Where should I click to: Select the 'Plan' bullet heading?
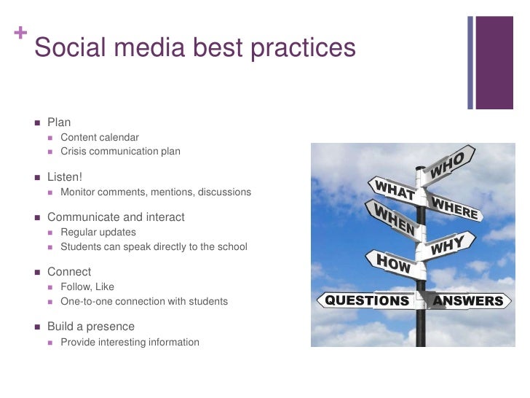(59, 122)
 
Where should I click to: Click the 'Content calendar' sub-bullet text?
(100, 137)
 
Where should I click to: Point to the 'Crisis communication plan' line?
(120, 151)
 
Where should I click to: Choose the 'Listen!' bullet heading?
(65, 177)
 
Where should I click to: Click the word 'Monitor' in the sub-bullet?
(81, 192)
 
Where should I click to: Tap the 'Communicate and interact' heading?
(116, 217)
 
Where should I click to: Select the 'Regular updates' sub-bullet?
(98, 232)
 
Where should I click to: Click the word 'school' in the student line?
(232, 246)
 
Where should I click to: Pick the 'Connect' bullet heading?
(69, 272)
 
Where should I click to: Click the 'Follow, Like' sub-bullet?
(87, 286)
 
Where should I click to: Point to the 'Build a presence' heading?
(91, 327)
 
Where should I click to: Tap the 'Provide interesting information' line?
(130, 342)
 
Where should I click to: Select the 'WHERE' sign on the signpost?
(455, 207)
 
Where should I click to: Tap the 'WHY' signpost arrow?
(449, 246)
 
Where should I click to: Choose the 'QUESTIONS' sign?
(366, 300)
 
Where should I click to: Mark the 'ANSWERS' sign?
(467, 300)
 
